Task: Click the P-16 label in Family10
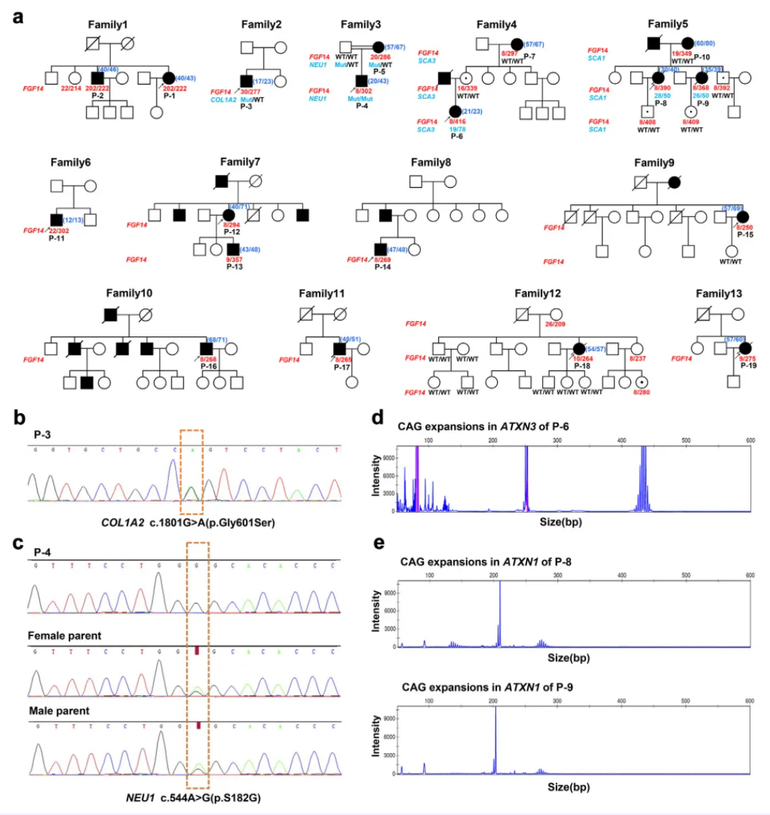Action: pyautogui.click(x=209, y=365)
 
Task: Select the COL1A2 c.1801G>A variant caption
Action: pyautogui.click(x=186, y=522)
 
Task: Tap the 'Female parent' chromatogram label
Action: pyautogui.click(x=64, y=636)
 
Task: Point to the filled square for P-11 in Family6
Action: pyautogui.click(x=55, y=220)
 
